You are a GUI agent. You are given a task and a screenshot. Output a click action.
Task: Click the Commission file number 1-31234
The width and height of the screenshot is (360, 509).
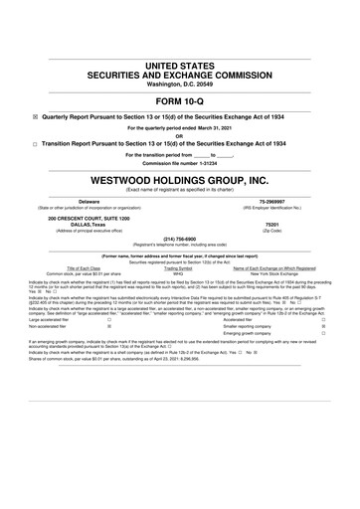[180, 163]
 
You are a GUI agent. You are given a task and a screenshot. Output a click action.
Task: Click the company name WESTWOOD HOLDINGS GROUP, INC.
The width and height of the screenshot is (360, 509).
[180, 182]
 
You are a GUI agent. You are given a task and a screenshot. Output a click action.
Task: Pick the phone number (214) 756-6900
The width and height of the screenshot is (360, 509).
[180, 239]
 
